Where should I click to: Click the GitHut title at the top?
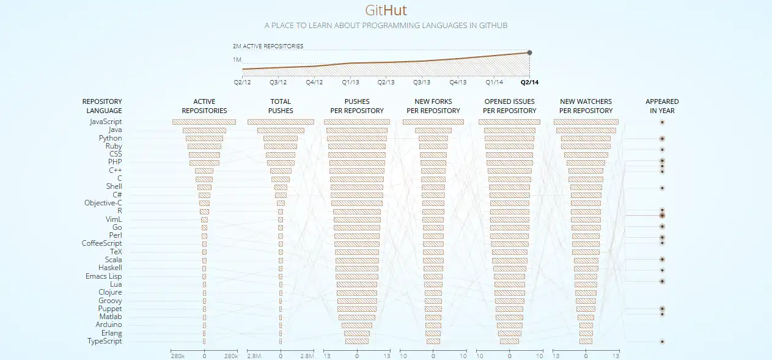[x=386, y=10]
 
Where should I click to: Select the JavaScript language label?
[x=106, y=122]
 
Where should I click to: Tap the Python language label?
[x=110, y=138]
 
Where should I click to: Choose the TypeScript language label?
[x=105, y=341]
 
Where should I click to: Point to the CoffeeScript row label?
[x=102, y=243]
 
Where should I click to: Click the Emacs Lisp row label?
[x=103, y=276]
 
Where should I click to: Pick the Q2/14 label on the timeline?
[x=529, y=82]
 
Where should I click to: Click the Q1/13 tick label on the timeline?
[x=350, y=82]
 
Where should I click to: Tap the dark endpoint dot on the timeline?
[x=529, y=53]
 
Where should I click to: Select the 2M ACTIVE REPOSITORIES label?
[x=268, y=46]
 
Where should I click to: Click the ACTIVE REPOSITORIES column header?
[x=204, y=106]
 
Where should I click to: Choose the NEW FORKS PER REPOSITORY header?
[x=433, y=106]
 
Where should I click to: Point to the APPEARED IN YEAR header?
[x=662, y=106]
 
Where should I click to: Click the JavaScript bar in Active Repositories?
[x=204, y=122]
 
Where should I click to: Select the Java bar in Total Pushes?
[x=281, y=130]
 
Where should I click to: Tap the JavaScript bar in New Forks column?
[x=433, y=122]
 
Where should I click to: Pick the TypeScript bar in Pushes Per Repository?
[x=356, y=341]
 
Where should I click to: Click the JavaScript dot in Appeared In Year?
[x=662, y=122]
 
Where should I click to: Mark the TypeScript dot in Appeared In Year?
[x=662, y=342]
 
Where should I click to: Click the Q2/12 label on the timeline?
[x=242, y=82]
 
